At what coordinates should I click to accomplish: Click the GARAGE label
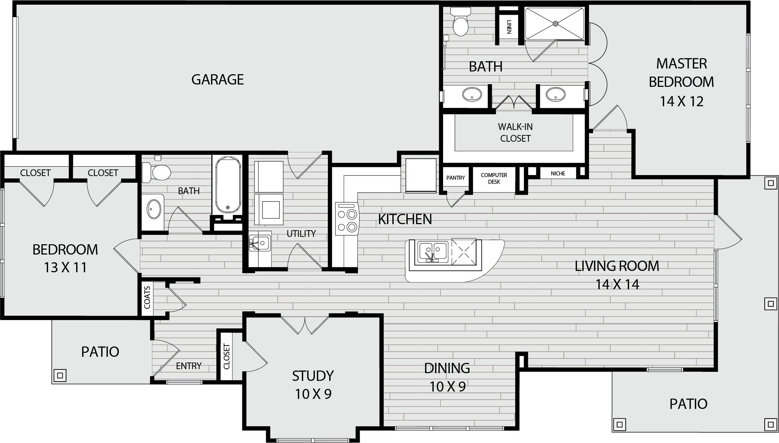(217, 80)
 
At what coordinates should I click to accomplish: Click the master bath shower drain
(556, 23)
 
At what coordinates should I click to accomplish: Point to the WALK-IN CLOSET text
(515, 133)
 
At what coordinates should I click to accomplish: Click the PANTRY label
(455, 178)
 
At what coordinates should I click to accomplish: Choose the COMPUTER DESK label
(494, 178)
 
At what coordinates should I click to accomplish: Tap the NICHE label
(558, 173)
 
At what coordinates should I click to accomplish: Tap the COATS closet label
(147, 297)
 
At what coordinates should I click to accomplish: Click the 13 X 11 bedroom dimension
(65, 267)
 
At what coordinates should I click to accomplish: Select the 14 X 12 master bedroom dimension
(681, 101)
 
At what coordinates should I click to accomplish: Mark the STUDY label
(313, 376)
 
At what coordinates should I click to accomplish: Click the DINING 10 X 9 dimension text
(447, 387)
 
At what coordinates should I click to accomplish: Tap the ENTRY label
(189, 366)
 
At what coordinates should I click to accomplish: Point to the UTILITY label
(301, 234)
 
